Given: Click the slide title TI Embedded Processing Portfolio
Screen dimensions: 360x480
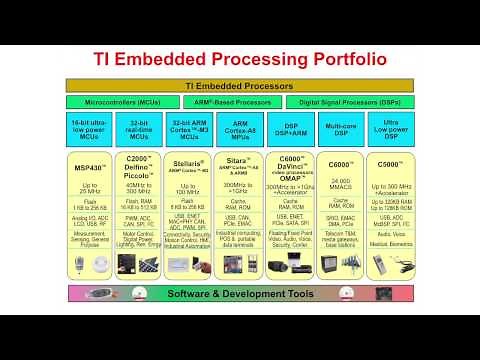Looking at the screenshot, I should point(239,59).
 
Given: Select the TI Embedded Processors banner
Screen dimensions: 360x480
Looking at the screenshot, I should point(239,87).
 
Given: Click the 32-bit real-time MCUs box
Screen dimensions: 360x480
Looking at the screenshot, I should point(140,131).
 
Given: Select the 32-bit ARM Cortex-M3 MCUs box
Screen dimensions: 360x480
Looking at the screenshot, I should point(190,131).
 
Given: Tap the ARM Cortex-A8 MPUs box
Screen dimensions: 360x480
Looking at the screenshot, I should point(239,131).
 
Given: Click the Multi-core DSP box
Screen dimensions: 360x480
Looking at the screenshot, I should point(339,131).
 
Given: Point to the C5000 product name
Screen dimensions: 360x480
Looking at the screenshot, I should point(388,163).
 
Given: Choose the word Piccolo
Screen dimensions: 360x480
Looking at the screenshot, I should point(140,176).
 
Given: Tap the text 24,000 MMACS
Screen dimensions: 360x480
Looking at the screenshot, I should point(339,184).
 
